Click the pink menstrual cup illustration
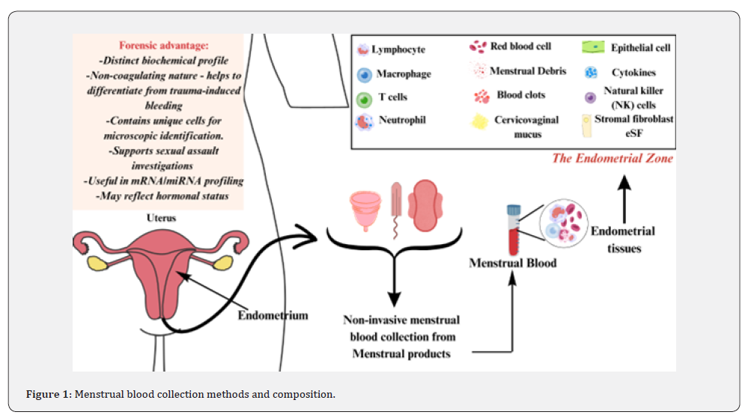(365, 210)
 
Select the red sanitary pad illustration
(425, 205)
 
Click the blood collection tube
(514, 229)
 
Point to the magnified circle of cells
(563, 224)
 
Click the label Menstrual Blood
(513, 263)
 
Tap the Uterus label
(161, 218)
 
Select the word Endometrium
(273, 315)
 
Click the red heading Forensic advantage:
(164, 45)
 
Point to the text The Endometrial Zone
(612, 158)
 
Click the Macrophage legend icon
(365, 75)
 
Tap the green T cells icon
(365, 100)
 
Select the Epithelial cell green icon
(593, 47)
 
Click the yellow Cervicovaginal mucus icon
(479, 121)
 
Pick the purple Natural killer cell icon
(590, 97)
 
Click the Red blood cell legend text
(521, 46)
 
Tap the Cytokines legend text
(633, 73)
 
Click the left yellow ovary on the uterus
(97, 263)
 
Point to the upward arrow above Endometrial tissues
(624, 199)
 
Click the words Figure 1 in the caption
(49, 394)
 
